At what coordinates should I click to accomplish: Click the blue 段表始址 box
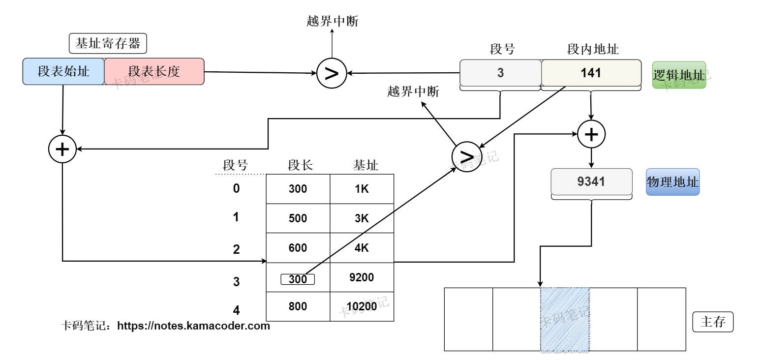point(63,71)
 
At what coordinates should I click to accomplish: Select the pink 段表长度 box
point(154,71)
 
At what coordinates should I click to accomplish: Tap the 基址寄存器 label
point(108,44)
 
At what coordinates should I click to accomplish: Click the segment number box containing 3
point(500,73)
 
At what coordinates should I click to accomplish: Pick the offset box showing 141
point(591,73)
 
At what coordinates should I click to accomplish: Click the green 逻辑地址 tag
point(679,75)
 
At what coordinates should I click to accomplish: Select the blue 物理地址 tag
point(672,182)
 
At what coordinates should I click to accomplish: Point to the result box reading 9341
point(591,181)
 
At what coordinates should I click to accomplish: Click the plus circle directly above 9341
point(591,134)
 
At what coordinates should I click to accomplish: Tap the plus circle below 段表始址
point(62,149)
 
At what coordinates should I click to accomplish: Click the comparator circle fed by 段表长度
point(332,74)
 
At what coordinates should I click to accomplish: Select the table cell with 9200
point(362,277)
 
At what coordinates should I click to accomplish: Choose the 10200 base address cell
point(362,306)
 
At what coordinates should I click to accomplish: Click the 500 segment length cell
point(298,218)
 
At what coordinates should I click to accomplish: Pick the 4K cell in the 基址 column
point(362,248)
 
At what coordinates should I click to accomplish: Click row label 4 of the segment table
point(237,310)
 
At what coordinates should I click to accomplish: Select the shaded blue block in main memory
point(565,320)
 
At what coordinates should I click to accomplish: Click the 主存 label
point(713,323)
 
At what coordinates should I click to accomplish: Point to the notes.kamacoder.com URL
point(193,326)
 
